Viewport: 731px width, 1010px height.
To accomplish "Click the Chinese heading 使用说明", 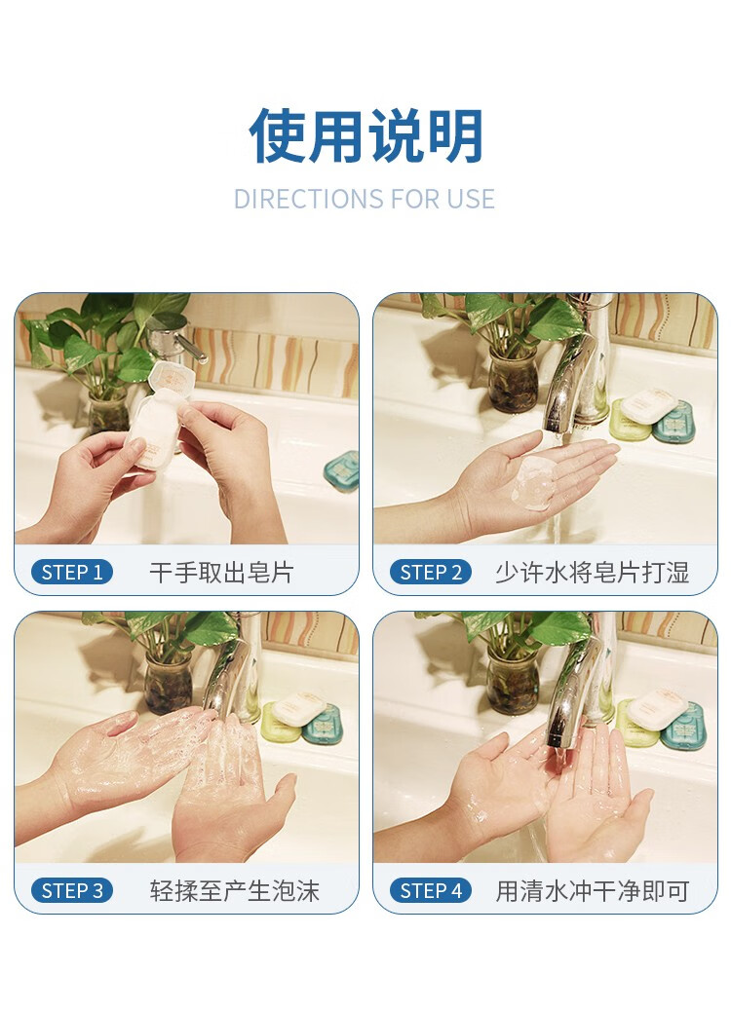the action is coord(365,135).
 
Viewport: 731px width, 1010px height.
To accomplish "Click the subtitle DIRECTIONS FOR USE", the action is coord(365,199).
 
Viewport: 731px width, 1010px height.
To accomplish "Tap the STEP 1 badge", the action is coord(72,572).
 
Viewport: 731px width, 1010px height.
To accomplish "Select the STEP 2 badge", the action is coord(431,572).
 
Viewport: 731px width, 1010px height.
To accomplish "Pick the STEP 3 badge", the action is coord(72,891).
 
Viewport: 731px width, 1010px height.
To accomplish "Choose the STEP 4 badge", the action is coord(431,891).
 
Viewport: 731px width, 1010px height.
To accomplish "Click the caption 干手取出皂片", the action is coord(222,572).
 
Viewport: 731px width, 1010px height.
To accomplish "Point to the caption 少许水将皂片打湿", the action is coord(593,572).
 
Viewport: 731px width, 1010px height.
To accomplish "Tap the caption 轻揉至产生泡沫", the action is coord(235,891).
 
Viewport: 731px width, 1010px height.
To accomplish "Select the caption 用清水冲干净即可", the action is coord(593,891).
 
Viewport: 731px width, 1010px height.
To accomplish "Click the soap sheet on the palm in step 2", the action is coord(534,482).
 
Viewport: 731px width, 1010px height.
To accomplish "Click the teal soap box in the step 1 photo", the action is coord(342,470).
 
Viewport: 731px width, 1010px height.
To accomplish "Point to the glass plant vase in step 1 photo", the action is coord(108,411).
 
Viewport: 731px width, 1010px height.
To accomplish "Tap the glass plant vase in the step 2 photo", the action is coord(513,380).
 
